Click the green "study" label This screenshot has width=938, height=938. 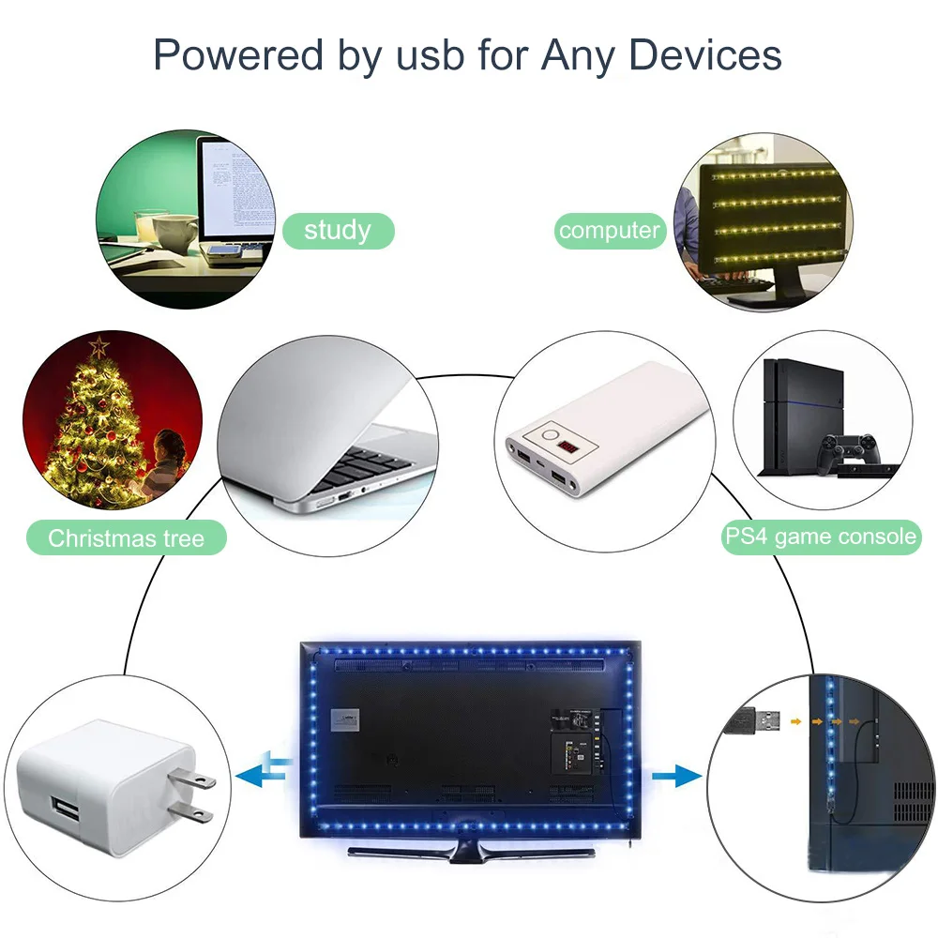tap(338, 230)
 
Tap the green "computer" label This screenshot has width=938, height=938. tap(610, 230)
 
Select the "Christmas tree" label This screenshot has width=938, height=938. tap(126, 538)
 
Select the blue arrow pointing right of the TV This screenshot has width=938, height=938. tap(676, 775)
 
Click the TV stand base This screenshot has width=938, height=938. tap(469, 849)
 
